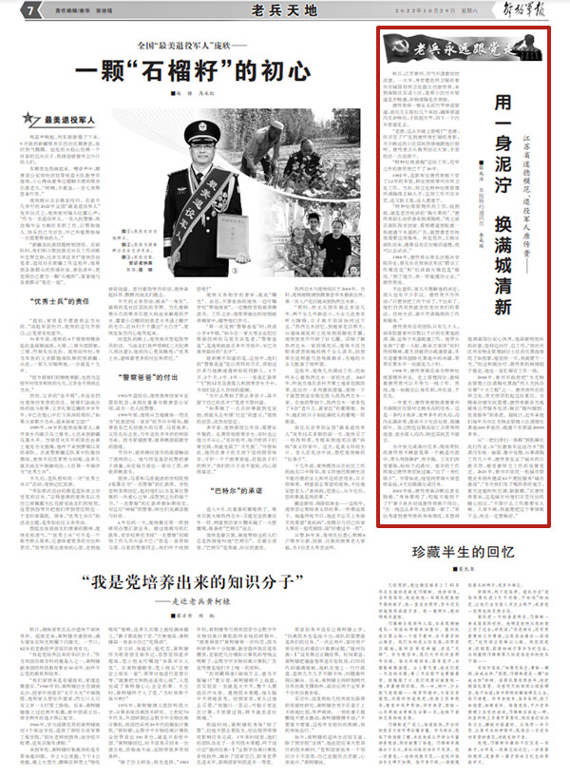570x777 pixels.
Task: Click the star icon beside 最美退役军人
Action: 35,121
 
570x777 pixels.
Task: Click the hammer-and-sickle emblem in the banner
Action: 395,47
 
